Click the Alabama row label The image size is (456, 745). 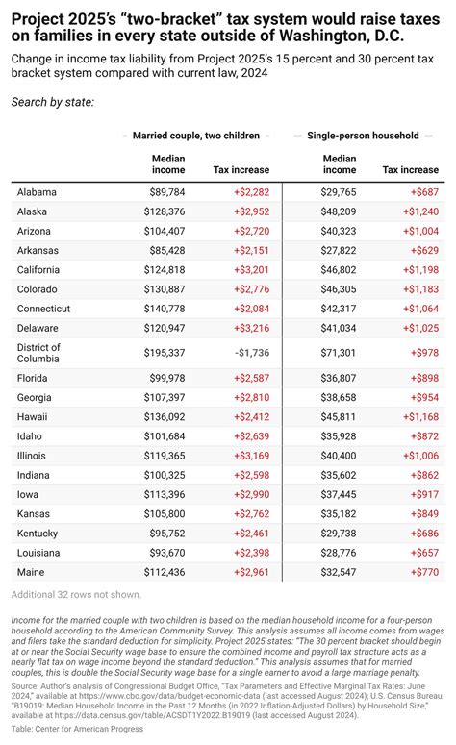click(x=37, y=192)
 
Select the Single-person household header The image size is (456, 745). click(x=363, y=136)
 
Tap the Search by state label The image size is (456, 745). click(x=52, y=101)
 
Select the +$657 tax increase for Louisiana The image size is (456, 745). click(x=422, y=553)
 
